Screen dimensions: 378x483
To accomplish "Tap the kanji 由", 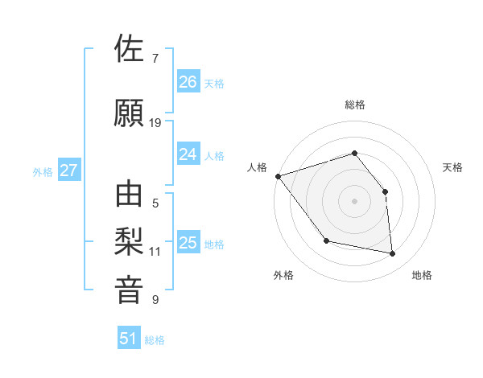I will click(x=130, y=195).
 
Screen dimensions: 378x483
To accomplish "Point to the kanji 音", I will click(x=130, y=290).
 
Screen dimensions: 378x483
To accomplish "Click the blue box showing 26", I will click(x=188, y=82).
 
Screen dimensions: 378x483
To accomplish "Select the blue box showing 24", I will click(x=188, y=154).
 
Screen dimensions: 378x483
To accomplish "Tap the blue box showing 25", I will click(x=188, y=243).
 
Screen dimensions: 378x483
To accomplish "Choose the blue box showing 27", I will click(x=69, y=171).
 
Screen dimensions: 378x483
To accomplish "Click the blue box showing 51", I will click(x=129, y=339).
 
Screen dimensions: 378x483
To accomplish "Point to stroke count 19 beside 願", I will click(x=155, y=122).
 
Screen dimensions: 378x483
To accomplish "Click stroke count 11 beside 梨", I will click(x=155, y=252).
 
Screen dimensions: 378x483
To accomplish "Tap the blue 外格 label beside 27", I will click(x=43, y=171).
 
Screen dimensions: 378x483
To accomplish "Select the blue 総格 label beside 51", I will click(x=155, y=340).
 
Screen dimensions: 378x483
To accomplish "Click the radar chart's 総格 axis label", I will click(x=354, y=105).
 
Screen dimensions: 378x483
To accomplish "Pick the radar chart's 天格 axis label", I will click(x=453, y=167).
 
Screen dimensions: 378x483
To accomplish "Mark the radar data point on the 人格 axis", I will click(x=278, y=176).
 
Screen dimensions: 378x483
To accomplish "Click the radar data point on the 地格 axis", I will click(x=392, y=254).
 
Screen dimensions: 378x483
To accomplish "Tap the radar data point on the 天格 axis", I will click(x=385, y=191).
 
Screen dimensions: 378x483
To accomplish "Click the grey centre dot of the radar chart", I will click(x=354, y=201).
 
